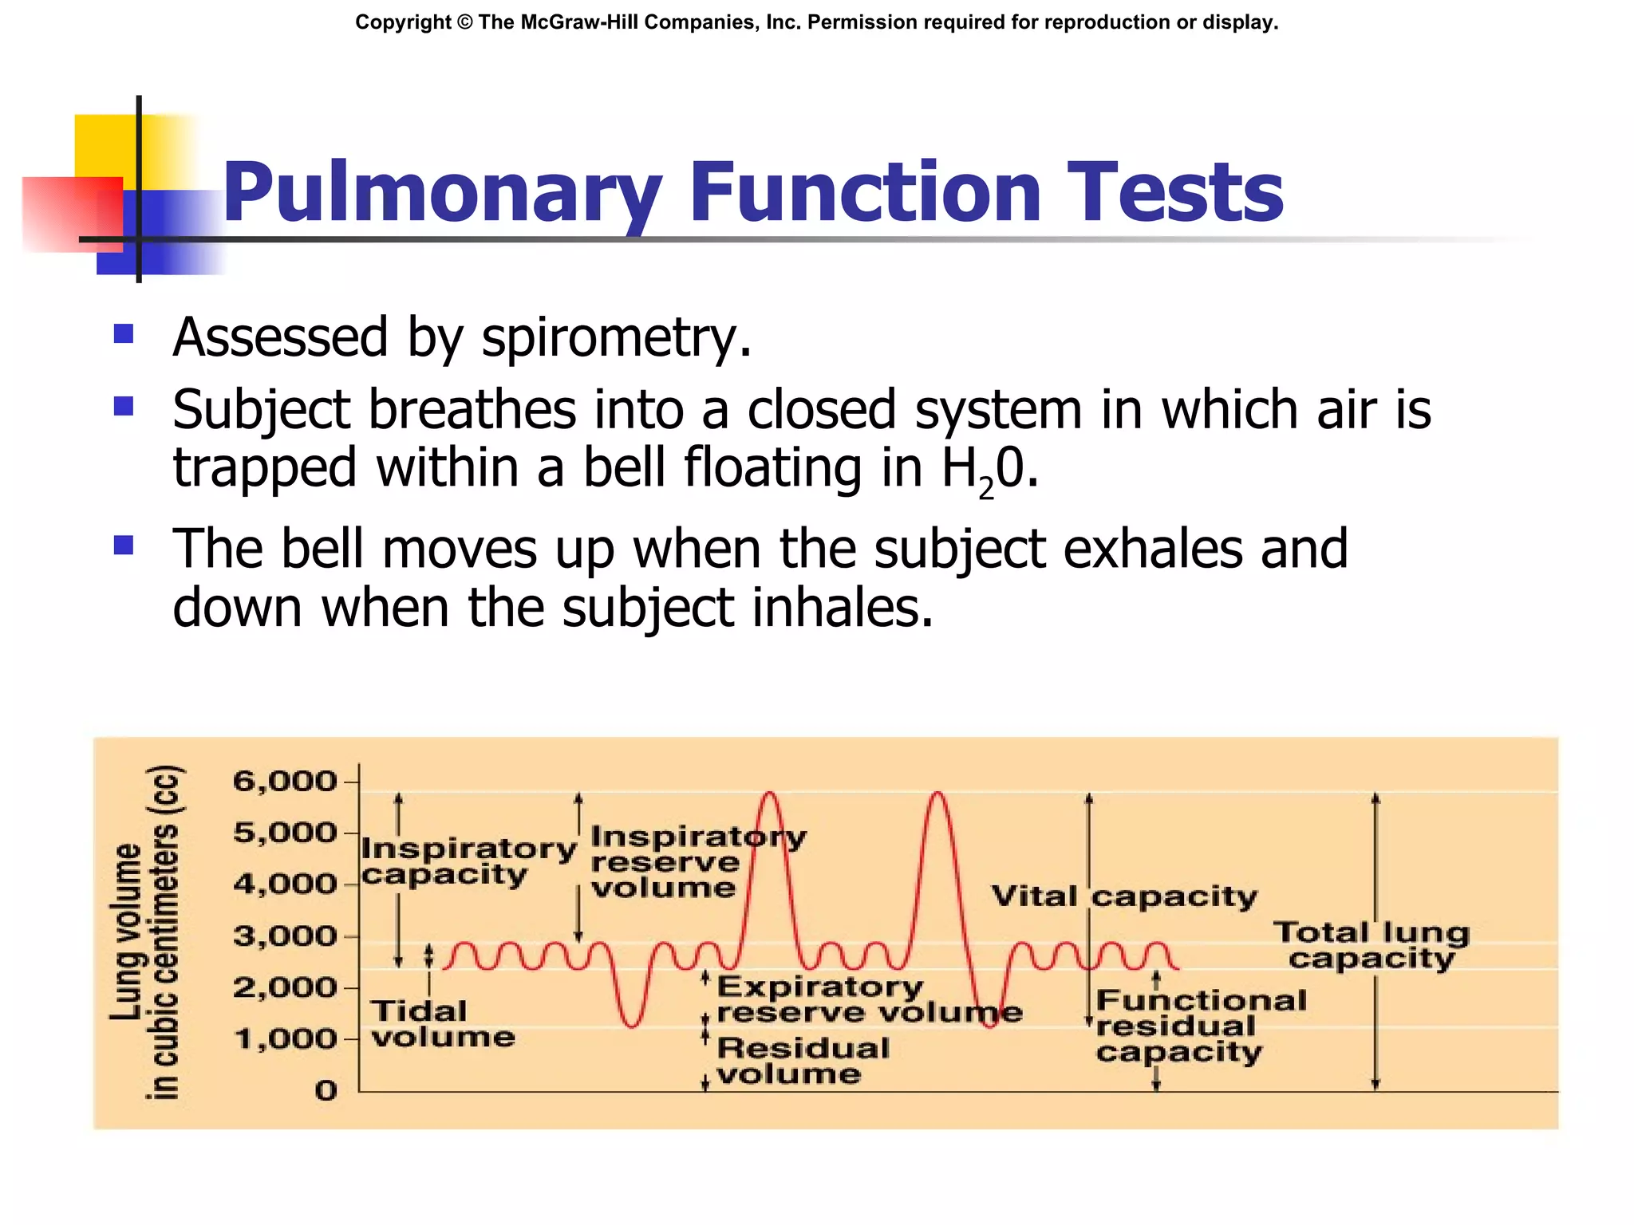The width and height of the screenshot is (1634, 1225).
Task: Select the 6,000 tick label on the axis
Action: [x=285, y=781]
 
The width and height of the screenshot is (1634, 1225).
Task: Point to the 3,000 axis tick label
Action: [x=285, y=935]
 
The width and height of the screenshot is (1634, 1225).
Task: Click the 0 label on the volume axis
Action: [x=326, y=1090]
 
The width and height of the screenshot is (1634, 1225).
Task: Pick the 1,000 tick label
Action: [x=285, y=1039]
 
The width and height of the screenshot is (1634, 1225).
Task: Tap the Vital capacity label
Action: [x=1123, y=896]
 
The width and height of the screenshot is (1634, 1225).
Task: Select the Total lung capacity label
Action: [x=1371, y=945]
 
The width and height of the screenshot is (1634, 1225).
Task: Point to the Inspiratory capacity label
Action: [x=468, y=861]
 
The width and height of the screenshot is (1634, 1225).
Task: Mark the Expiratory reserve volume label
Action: [x=868, y=999]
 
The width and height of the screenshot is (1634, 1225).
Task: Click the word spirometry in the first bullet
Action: [x=615, y=338]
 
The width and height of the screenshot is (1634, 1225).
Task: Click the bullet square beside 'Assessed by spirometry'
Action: [x=124, y=333]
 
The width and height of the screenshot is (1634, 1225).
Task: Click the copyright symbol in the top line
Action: [x=465, y=22]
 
